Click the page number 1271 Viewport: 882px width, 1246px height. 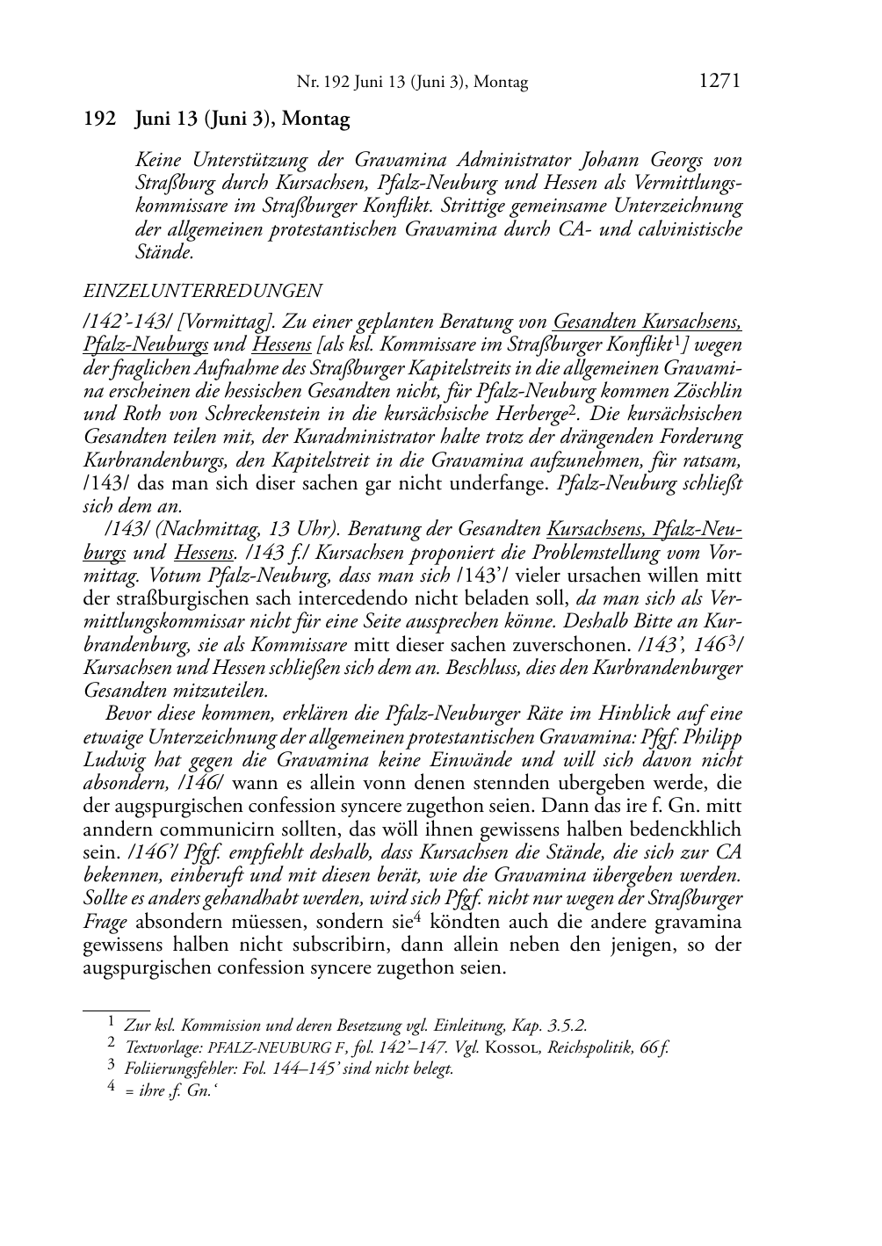pos(720,81)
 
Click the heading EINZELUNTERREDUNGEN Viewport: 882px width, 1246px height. pos(202,290)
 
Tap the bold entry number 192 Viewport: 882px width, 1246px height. pos(99,119)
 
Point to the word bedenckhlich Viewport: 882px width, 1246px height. pos(681,829)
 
